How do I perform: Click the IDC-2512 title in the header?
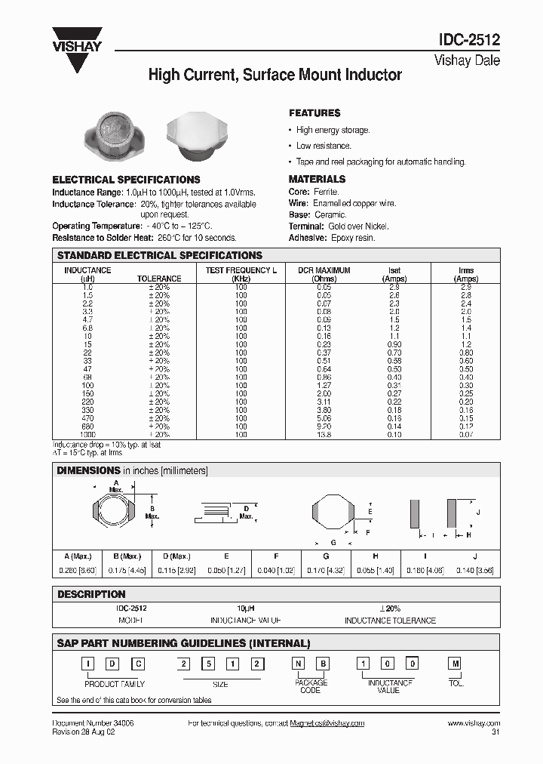tap(468, 42)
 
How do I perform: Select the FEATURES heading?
tap(314, 113)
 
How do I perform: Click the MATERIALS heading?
tap(317, 179)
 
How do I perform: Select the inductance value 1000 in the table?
tap(87, 435)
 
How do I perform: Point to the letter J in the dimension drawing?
tap(478, 513)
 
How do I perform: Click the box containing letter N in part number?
tap(299, 664)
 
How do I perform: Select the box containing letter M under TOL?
tap(456, 664)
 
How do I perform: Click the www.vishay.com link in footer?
tap(473, 723)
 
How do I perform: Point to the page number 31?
tap(495, 732)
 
